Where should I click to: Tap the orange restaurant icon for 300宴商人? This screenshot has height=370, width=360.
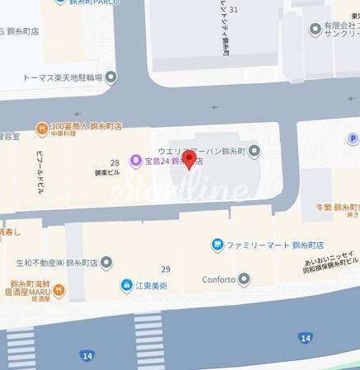pyautogui.click(x=40, y=127)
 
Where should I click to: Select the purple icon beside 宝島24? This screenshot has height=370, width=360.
pyautogui.click(x=135, y=161)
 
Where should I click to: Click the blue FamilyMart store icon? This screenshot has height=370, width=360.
pyautogui.click(x=217, y=245)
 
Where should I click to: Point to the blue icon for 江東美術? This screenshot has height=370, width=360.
pyautogui.click(x=126, y=285)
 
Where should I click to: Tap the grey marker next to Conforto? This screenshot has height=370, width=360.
pyautogui.click(x=244, y=279)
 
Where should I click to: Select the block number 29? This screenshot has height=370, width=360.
pyautogui.click(x=166, y=269)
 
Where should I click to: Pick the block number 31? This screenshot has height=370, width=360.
pyautogui.click(x=234, y=9)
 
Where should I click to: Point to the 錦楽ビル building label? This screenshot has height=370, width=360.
pyautogui.click(x=107, y=173)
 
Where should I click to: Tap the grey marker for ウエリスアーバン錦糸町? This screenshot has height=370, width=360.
pyautogui.click(x=255, y=149)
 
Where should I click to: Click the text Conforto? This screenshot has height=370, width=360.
pyautogui.click(x=219, y=279)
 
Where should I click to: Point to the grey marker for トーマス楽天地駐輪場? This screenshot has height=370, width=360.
pyautogui.click(x=111, y=77)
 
